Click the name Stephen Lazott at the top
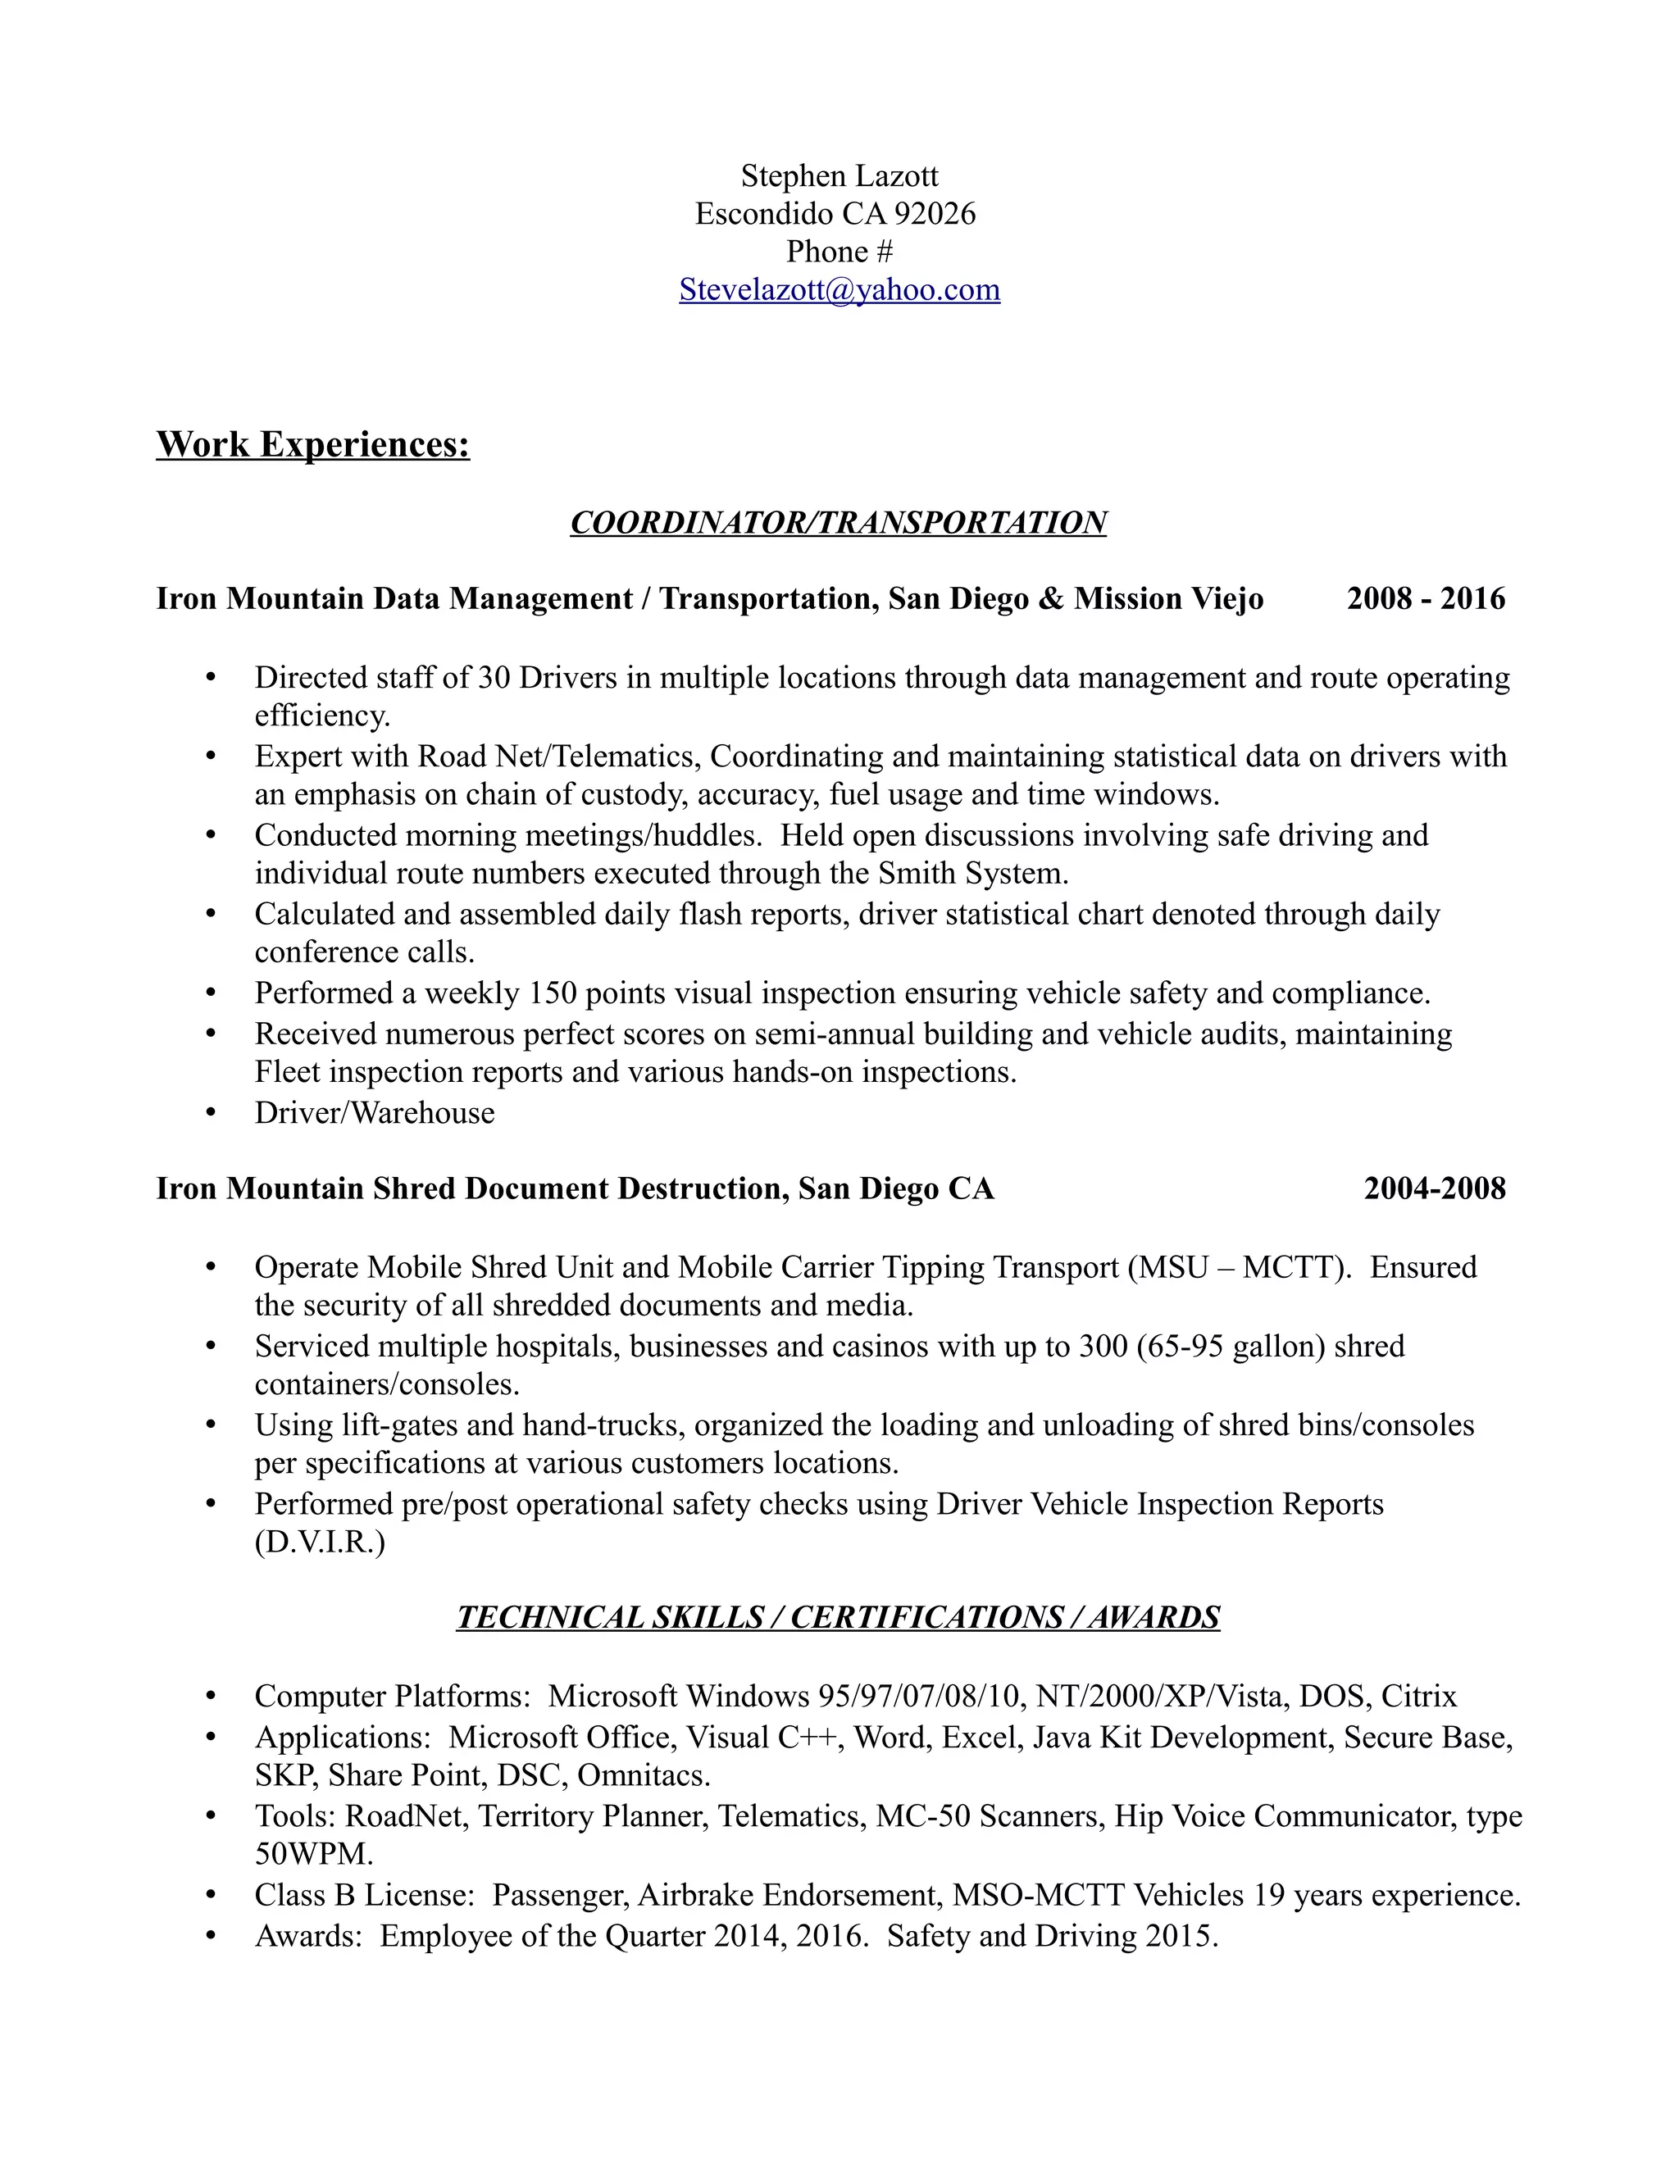pyautogui.click(x=839, y=176)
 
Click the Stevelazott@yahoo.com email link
pyautogui.click(x=839, y=289)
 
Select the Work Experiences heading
pyautogui.click(x=312, y=443)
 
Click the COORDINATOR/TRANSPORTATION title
pyautogui.click(x=838, y=522)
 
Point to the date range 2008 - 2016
pyautogui.click(x=1426, y=598)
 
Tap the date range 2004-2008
pyautogui.click(x=1435, y=1188)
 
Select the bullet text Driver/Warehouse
pyautogui.click(x=374, y=1112)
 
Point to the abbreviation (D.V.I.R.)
pyautogui.click(x=319, y=1543)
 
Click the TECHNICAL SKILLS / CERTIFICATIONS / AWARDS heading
pyautogui.click(x=838, y=1617)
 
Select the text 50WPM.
pyautogui.click(x=314, y=1854)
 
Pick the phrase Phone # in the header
pyautogui.click(x=839, y=252)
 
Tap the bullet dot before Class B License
pyautogui.click(x=210, y=1896)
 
